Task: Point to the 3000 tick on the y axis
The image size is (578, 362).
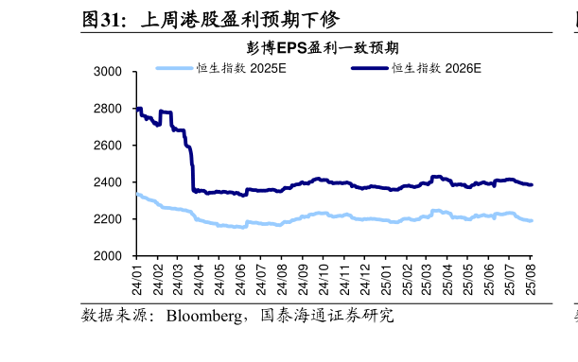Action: pos(110,72)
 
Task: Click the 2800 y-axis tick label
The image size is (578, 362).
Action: pos(110,109)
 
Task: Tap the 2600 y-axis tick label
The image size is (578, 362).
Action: pos(110,146)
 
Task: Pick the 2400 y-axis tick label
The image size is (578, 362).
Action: pos(110,182)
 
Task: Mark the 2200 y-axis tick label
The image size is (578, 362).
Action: pos(110,219)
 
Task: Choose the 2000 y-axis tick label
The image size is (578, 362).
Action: pos(110,256)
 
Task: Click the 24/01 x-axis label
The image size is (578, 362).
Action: pos(137,276)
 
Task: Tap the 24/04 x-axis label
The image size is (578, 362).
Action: pos(200,276)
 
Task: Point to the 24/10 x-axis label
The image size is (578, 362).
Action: pos(324,276)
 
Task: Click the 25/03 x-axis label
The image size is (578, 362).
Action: pos(427,276)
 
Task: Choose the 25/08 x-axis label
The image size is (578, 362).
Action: pos(531,276)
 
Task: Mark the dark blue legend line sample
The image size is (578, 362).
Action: pos(370,68)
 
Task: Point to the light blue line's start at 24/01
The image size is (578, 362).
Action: pos(137,194)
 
